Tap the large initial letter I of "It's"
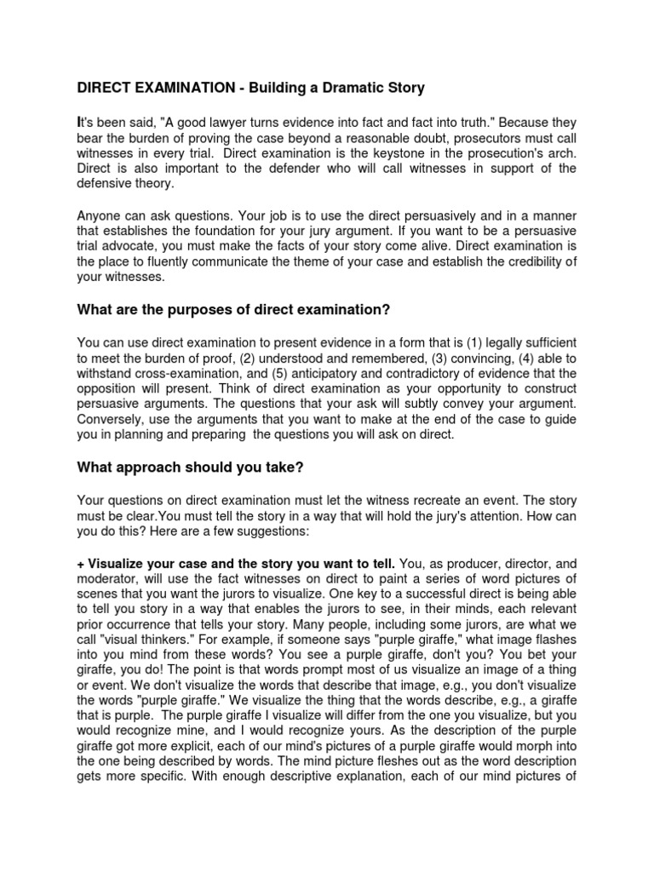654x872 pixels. (x=80, y=123)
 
